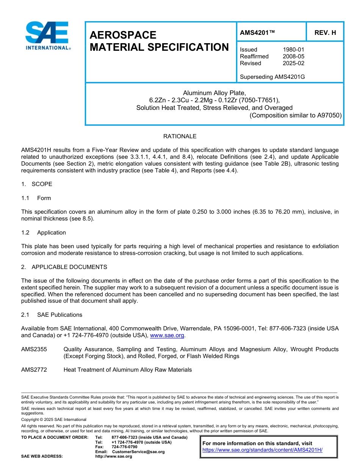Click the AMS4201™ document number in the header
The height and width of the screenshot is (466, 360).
click(257, 33)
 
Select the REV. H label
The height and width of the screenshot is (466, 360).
click(325, 33)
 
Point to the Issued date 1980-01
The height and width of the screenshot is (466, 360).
click(293, 50)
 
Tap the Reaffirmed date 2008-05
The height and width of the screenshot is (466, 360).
click(293, 56)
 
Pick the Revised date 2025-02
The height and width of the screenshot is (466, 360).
click(293, 63)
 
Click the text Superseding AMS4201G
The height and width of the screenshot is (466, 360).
click(272, 77)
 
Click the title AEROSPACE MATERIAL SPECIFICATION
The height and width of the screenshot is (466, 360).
click(159, 41)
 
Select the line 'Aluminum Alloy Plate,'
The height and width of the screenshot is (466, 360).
click(214, 93)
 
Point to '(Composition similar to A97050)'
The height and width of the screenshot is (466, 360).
click(296, 116)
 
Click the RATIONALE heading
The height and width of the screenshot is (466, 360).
click(180, 136)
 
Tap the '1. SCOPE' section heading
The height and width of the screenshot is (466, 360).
click(37, 184)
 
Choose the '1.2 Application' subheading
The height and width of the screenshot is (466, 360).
click(44, 233)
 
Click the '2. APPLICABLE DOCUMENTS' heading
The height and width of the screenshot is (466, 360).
click(64, 267)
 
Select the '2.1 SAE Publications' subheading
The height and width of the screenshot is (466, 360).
click(52, 315)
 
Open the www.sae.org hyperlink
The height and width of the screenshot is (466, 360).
click(167, 336)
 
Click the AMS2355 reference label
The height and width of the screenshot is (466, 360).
click(34, 349)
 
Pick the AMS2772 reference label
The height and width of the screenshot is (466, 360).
click(34, 370)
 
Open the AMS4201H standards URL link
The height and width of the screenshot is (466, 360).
click(262, 450)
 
